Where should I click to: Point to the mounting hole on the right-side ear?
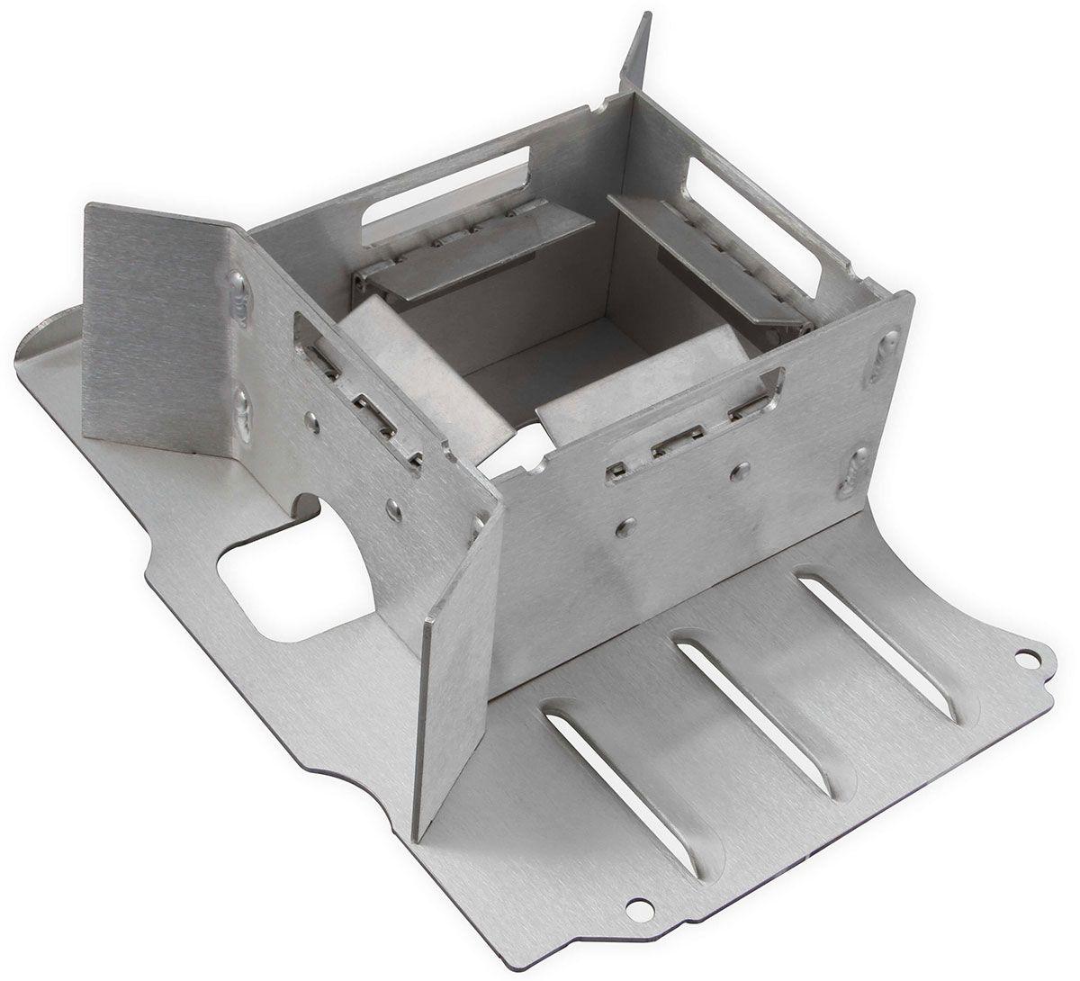pyautogui.click(x=1024, y=662)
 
